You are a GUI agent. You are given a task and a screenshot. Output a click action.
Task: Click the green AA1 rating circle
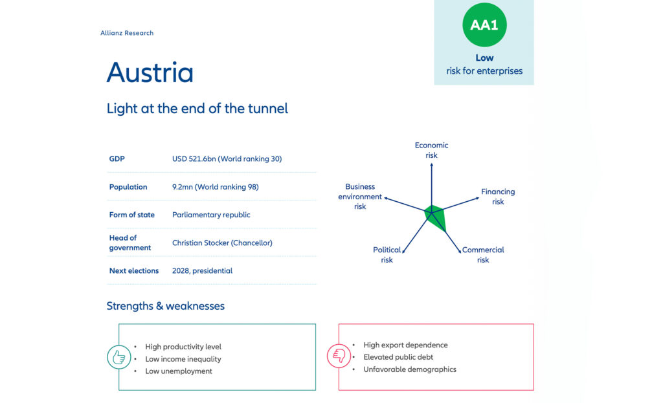coord(484,25)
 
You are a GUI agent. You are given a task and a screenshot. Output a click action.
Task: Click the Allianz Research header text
coord(127,33)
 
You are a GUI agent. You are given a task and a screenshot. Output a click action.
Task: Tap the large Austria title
coord(150,72)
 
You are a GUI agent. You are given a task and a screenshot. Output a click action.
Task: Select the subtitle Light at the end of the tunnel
coord(197,109)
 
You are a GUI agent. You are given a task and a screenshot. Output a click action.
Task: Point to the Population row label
coord(128,187)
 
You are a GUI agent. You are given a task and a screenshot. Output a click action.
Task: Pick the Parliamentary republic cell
coord(211,215)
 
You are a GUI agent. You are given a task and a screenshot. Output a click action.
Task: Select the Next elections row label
coord(133,270)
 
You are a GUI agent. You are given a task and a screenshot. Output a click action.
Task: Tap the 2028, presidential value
coord(202,270)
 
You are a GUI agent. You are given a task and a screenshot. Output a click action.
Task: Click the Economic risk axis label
coord(431,150)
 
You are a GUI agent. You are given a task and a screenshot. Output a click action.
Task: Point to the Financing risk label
coord(497,197)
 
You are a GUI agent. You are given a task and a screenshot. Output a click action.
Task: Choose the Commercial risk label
coord(483,255)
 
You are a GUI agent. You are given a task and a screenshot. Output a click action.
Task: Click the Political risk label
coord(387,255)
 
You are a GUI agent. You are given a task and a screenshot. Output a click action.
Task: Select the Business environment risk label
coord(360,197)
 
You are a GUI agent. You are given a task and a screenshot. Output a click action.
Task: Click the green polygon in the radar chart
coord(436,216)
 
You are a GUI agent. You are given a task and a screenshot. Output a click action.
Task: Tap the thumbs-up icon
coord(119,358)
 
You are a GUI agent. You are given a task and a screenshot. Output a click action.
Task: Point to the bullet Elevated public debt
coord(398,357)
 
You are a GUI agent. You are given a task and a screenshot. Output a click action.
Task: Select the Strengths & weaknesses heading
coord(165,306)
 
